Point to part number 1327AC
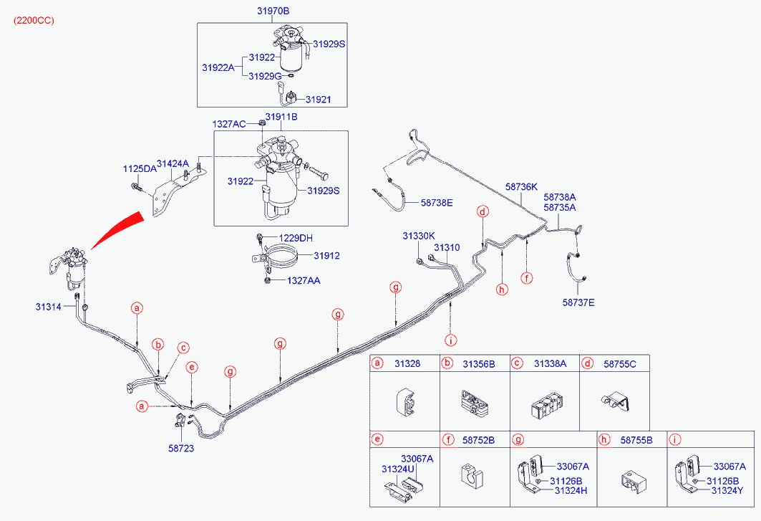[x=229, y=124]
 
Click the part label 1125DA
[x=140, y=169]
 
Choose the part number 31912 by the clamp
[x=326, y=255]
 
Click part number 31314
[x=49, y=307]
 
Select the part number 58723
[x=181, y=448]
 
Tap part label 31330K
[x=419, y=235]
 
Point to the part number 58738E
[x=437, y=203]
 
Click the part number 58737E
[x=578, y=302]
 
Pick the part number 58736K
[x=521, y=186]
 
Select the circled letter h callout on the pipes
[x=502, y=290]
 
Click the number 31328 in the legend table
[x=407, y=364]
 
